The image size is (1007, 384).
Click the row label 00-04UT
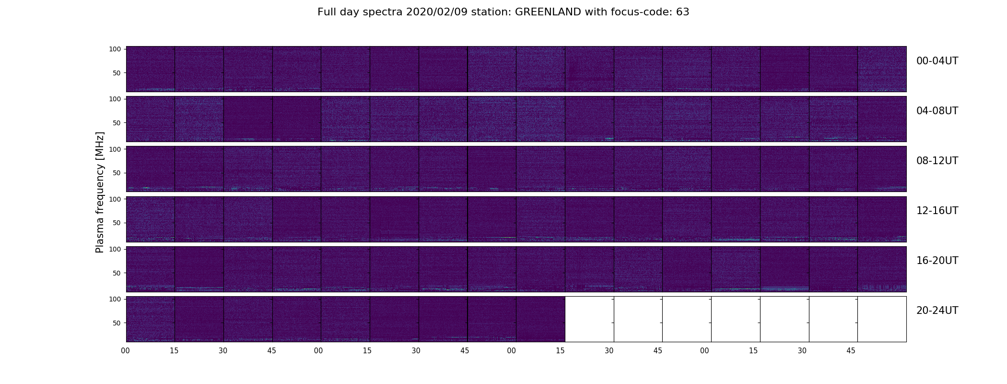(937, 61)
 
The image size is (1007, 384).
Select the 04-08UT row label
(937, 111)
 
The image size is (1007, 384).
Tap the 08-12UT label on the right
(937, 161)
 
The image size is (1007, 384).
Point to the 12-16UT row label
(937, 211)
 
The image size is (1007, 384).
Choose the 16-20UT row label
(937, 261)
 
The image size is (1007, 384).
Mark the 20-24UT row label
(937, 311)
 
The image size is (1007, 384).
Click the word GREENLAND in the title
(548, 12)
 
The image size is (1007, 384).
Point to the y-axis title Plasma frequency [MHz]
(100, 192)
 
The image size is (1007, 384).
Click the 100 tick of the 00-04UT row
(115, 49)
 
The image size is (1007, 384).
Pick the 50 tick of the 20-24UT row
(117, 323)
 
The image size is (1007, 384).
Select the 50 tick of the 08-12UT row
(117, 173)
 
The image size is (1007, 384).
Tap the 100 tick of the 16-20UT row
(115, 249)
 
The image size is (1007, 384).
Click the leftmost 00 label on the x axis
(126, 351)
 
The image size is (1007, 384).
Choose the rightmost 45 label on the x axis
(851, 351)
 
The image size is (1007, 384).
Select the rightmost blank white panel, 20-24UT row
(882, 319)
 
